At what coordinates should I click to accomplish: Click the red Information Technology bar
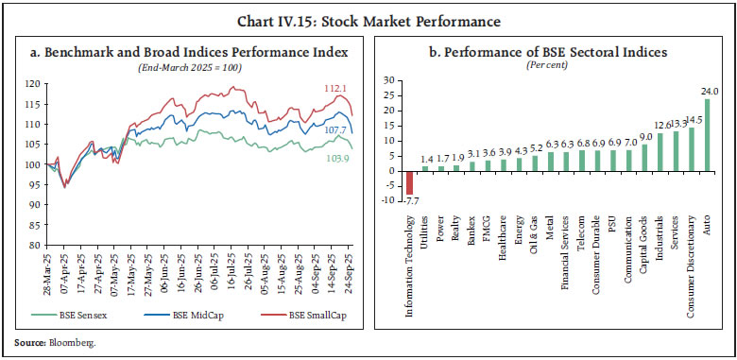pyautogui.click(x=411, y=182)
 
